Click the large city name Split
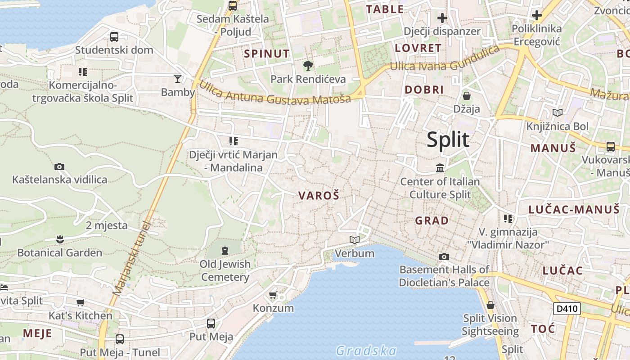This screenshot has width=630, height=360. [448, 140]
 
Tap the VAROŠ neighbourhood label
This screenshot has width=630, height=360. [319, 196]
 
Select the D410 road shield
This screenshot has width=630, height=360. [567, 309]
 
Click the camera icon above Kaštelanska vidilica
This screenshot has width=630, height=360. [59, 167]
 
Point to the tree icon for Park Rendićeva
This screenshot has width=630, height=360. [308, 66]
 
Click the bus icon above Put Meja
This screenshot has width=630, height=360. [211, 324]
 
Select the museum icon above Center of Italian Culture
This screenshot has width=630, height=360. [440, 168]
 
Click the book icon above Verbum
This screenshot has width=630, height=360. [355, 240]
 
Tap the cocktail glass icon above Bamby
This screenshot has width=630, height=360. [178, 79]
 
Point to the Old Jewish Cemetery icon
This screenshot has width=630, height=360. [225, 250]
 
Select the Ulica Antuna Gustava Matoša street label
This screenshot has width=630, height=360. [274, 92]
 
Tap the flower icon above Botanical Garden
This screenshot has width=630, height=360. [59, 239]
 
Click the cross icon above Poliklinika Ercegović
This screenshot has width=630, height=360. [536, 15]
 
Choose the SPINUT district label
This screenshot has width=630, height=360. [267, 54]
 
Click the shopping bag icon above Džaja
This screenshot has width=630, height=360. [467, 96]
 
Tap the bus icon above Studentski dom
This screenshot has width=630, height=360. [114, 37]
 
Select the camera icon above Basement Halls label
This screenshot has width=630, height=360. [444, 256]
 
